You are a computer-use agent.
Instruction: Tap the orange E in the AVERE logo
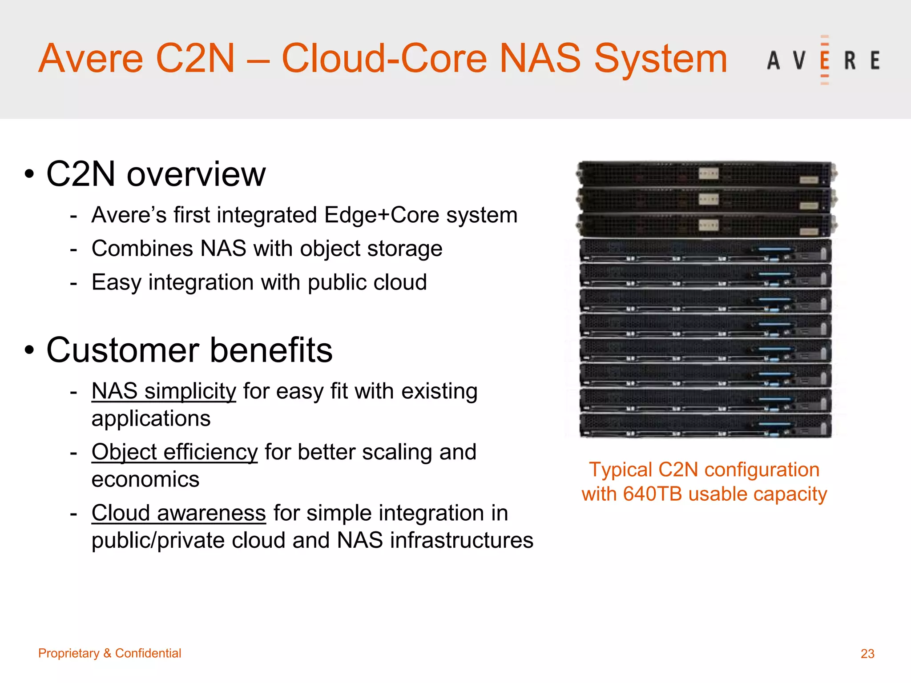(824, 60)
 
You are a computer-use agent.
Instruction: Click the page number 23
(867, 653)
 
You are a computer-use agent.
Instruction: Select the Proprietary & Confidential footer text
(109, 653)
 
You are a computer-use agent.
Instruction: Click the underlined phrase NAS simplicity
(163, 391)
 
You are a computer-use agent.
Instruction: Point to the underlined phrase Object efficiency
(174, 452)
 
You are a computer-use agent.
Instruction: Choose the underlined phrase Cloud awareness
(178, 513)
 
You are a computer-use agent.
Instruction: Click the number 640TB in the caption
(652, 494)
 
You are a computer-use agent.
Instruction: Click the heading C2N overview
(156, 174)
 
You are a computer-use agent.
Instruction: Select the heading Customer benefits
(189, 350)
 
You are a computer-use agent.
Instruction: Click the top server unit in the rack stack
(706, 173)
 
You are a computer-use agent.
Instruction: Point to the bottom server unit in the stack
(705, 426)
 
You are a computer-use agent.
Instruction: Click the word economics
(145, 479)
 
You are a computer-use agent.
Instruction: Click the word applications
(151, 419)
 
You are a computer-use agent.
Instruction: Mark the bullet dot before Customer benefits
(29, 350)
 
